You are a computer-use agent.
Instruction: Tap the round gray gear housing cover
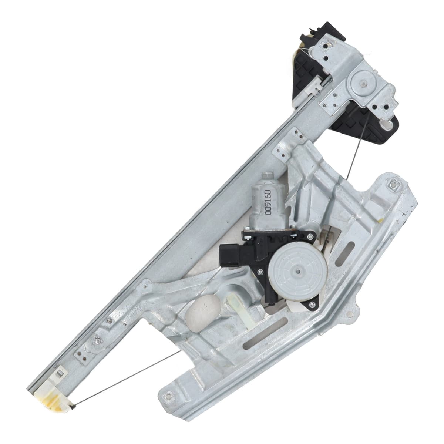pos(297,272)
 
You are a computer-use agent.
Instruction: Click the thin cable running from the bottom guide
pos(127,356)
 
